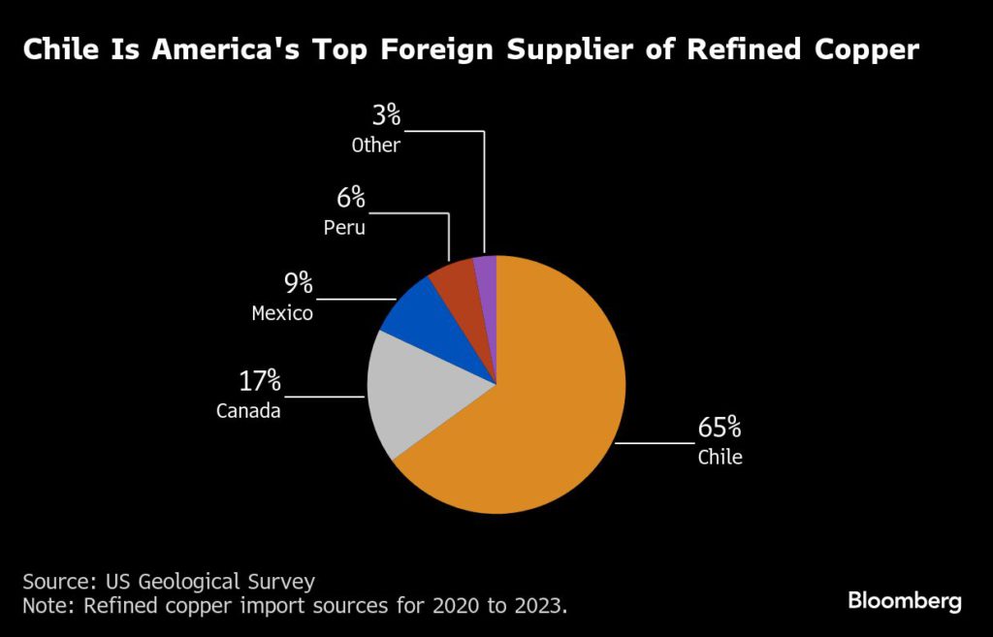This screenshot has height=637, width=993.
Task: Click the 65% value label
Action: (720, 428)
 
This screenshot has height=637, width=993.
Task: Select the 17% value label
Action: (260, 380)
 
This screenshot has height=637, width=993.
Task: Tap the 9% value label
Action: (298, 283)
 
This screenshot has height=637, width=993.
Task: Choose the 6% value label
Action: (350, 199)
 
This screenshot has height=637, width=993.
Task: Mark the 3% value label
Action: (386, 115)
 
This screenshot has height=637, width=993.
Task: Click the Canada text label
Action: (248, 411)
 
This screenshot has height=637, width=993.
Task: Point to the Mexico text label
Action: (282, 313)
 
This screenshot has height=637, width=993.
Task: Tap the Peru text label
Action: (344, 229)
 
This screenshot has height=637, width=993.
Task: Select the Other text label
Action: (375, 145)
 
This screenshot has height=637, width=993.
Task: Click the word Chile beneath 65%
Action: (721, 457)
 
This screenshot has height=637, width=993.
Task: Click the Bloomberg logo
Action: (905, 601)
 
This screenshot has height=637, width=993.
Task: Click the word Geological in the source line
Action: (186, 582)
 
